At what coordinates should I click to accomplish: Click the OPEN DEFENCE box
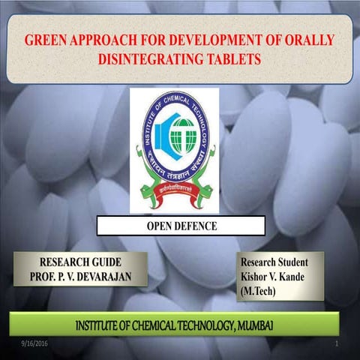click(x=181, y=226)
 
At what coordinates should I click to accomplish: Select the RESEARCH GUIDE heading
click(x=79, y=262)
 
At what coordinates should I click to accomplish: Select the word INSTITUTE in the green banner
click(x=106, y=324)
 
